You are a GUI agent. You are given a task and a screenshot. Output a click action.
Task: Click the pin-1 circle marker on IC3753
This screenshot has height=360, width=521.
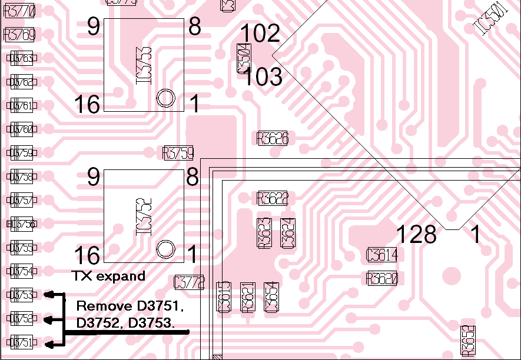[x=166, y=98]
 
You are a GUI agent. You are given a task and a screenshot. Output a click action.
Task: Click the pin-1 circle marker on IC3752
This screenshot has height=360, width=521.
[x=166, y=249]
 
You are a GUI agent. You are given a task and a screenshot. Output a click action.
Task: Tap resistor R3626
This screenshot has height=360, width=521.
[x=273, y=139]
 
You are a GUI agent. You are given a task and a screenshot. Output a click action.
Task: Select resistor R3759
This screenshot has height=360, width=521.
[x=178, y=154]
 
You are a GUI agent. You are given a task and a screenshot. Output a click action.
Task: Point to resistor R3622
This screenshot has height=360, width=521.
[x=273, y=198]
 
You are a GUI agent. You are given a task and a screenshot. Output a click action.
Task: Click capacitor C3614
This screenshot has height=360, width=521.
[x=381, y=255]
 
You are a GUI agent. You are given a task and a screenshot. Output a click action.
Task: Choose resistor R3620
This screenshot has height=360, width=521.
[x=381, y=278]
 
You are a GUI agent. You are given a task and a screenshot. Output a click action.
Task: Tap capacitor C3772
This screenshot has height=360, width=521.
[x=190, y=283]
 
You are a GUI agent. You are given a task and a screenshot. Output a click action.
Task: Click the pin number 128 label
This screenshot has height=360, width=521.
[x=416, y=235]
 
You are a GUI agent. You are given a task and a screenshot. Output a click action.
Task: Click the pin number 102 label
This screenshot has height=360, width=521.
[x=260, y=34]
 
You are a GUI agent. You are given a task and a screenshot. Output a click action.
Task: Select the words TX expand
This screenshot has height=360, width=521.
[x=108, y=276]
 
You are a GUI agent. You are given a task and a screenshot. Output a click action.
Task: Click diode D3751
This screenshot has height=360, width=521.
[x=21, y=342]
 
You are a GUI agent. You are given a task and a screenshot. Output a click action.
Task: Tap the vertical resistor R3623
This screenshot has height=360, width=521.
[x=265, y=232]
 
